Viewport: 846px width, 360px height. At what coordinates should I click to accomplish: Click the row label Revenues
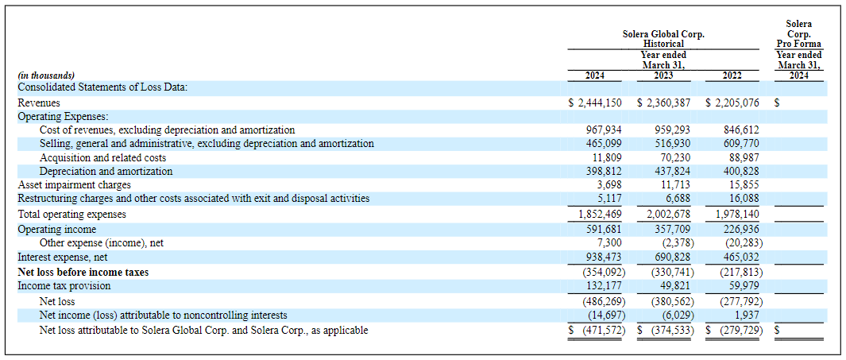coord(39,103)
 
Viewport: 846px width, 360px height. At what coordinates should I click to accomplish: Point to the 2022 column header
coord(732,76)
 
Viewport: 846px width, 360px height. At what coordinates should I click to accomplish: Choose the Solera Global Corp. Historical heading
coord(663,39)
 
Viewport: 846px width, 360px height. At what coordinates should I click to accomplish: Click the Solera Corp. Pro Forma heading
coord(798,34)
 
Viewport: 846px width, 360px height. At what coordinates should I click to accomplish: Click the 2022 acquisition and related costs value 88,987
coord(744,158)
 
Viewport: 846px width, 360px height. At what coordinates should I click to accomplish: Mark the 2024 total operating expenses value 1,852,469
coord(600,215)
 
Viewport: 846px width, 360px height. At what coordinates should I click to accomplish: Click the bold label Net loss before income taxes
coord(83,272)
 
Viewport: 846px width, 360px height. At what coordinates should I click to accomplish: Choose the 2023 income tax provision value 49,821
coord(675,286)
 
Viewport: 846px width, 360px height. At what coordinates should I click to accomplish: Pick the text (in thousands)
coord(47,76)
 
